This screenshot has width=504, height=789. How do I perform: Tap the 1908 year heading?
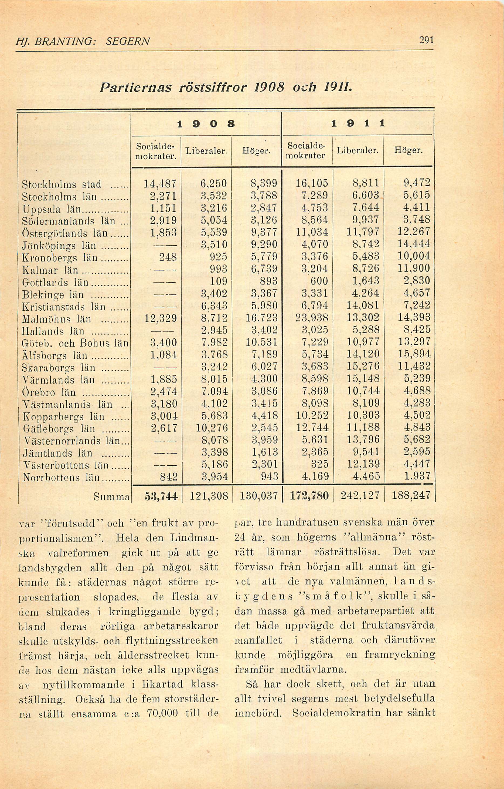[206, 124]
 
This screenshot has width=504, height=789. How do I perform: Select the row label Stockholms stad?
[62, 184]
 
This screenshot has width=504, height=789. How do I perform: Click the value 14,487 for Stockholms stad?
[160, 183]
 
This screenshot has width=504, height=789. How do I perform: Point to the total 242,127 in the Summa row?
[360, 495]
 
